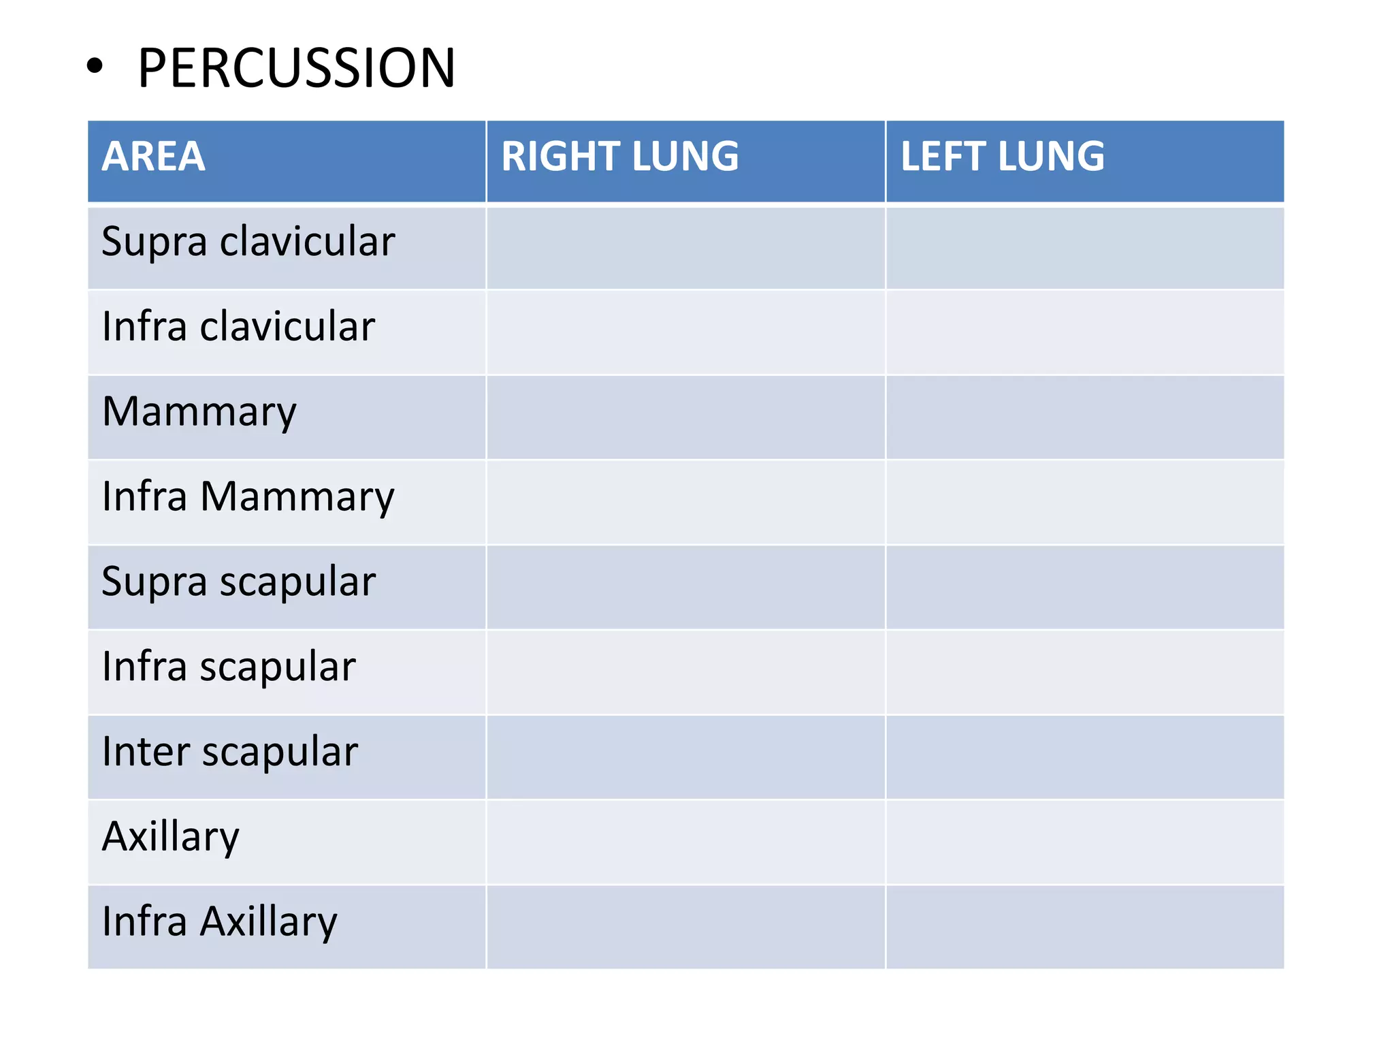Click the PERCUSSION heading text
[296, 68]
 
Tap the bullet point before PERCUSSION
[95, 67]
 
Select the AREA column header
[153, 157]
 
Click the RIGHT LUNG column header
[619, 157]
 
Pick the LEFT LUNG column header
[1002, 157]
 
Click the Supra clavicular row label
[248, 242]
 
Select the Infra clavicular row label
[238, 327]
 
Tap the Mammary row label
[199, 412]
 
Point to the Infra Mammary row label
[248, 497]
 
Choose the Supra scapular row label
[238, 582]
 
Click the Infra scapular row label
[229, 667]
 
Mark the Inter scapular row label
[229, 752]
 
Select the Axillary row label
[171, 838]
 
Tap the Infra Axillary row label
[219, 923]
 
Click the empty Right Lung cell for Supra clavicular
[685, 248]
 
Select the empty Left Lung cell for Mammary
[1085, 417]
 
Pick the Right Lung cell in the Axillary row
[685, 842]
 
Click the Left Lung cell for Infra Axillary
[1085, 927]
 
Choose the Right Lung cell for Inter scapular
[685, 757]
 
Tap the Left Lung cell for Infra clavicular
[1085, 332]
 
